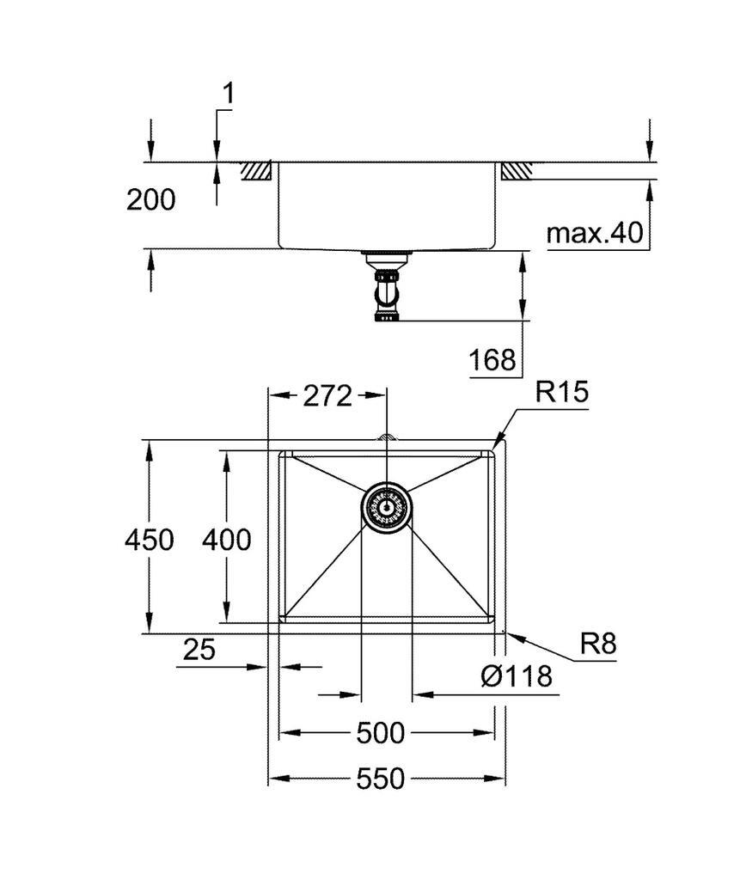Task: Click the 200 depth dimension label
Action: point(151,200)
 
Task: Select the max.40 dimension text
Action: point(595,233)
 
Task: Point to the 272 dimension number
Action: point(327,396)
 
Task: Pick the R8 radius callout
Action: point(597,643)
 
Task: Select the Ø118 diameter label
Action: point(516,677)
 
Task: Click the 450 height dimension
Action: point(150,540)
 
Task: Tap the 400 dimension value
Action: point(227,540)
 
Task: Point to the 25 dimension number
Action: point(199,650)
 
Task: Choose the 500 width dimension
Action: point(380,733)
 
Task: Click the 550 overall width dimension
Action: point(380,779)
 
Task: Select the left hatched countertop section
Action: point(256,171)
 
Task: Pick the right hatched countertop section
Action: point(517,171)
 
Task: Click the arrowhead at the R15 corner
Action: point(500,443)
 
